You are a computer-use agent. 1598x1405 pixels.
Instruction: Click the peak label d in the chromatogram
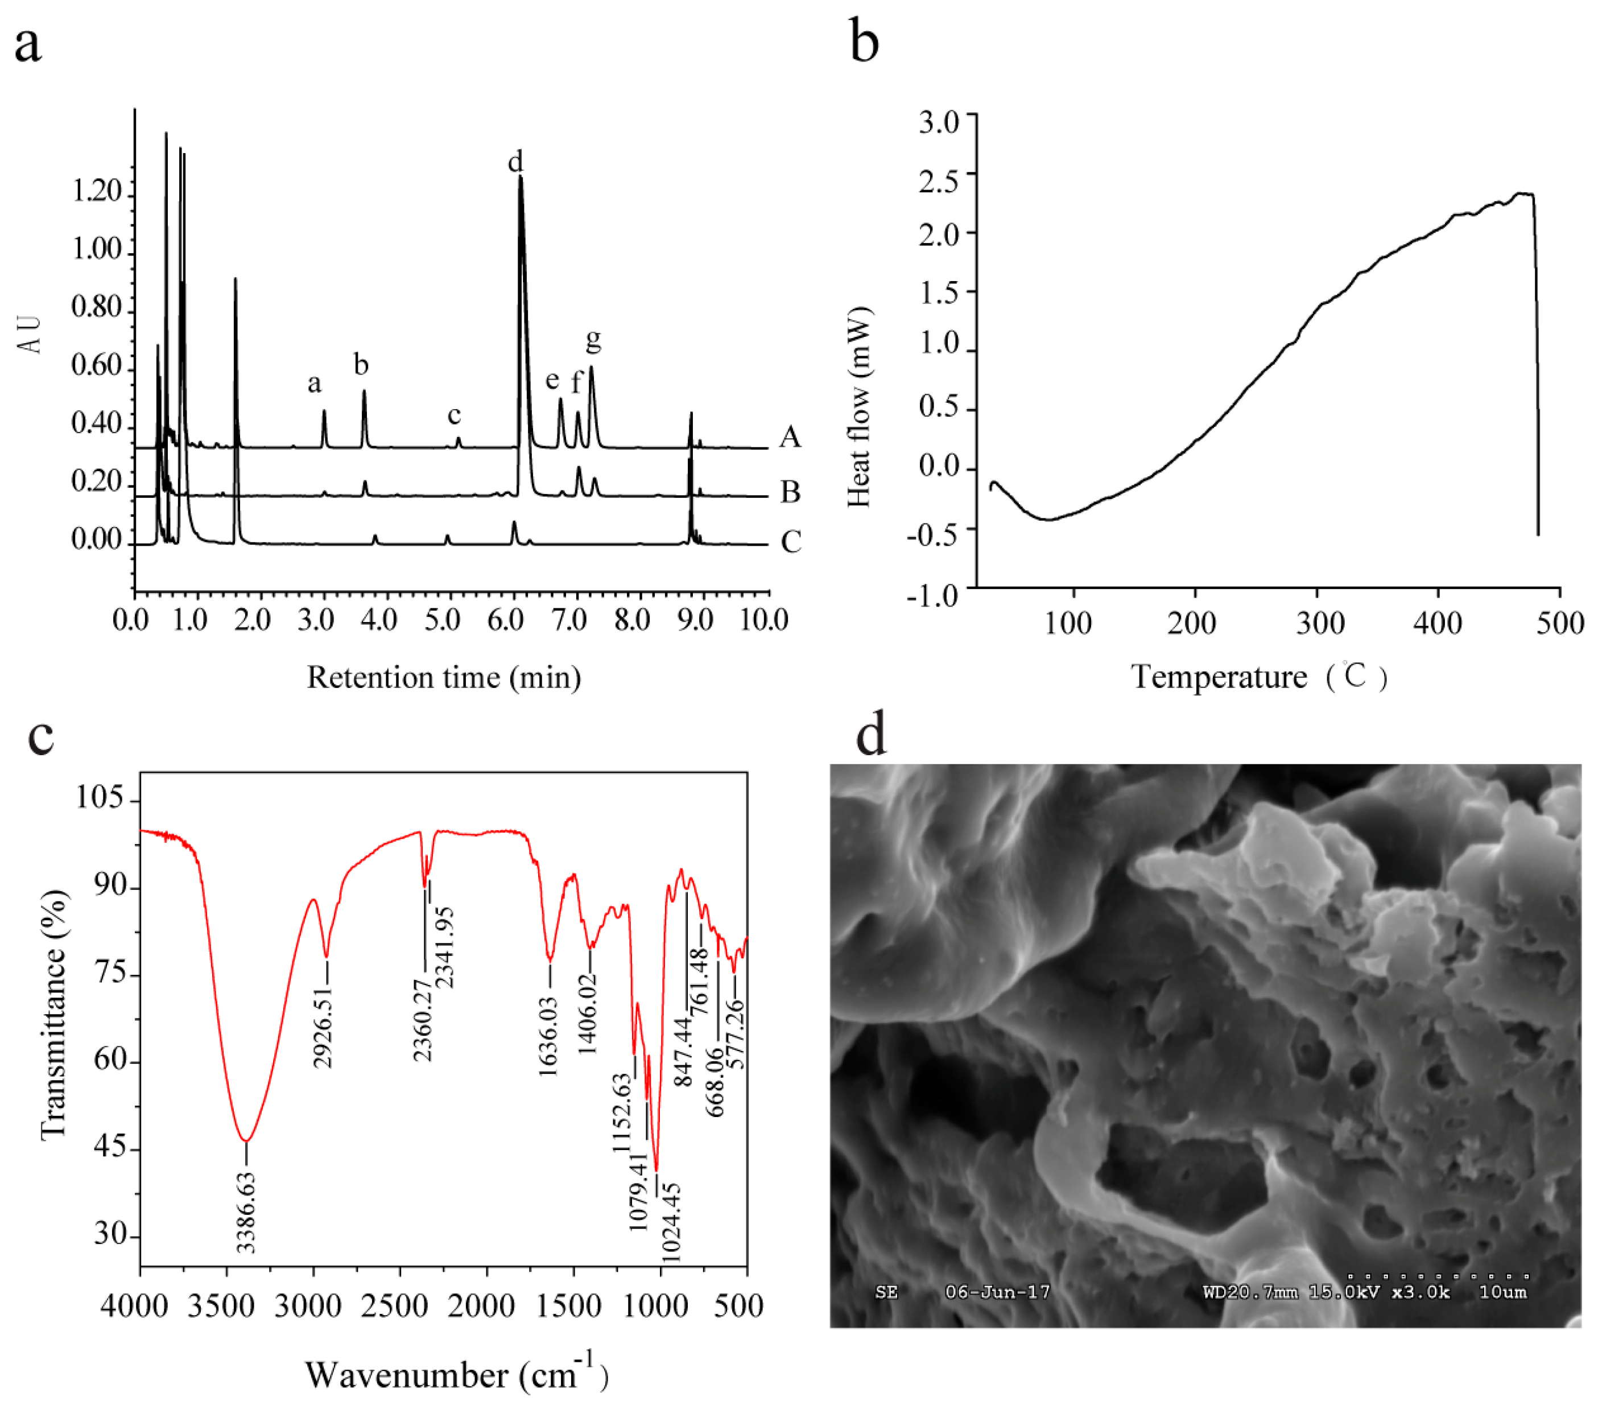tap(515, 162)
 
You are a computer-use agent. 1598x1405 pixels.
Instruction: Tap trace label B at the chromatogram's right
tap(790, 492)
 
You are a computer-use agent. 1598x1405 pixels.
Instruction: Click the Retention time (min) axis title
tap(443, 677)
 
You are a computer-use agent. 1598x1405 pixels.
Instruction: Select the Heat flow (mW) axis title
tap(859, 406)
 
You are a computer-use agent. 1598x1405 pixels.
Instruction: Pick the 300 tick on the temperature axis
tap(1320, 623)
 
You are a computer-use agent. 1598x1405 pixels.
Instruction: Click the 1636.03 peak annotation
tap(549, 1037)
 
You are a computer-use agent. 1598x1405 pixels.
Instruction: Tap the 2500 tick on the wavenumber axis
tap(399, 1306)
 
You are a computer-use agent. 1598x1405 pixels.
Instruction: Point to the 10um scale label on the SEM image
tap(1502, 1292)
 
